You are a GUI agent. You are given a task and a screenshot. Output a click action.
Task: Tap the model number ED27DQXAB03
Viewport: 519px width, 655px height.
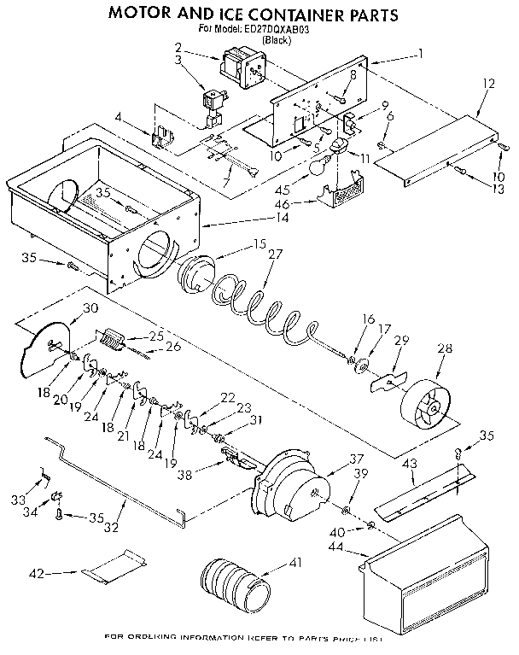coord(276,28)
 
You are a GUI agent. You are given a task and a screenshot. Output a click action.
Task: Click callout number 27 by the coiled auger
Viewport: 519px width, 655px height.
coord(274,254)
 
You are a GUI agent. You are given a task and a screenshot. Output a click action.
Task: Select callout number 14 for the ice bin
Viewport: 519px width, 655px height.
coord(283,219)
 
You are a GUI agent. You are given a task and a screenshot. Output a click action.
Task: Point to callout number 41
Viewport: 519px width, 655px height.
coord(296,562)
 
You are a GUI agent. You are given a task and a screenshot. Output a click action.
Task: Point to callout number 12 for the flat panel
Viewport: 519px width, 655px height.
coord(488,85)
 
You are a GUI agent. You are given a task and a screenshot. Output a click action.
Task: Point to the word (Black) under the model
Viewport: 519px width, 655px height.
coord(275,40)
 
